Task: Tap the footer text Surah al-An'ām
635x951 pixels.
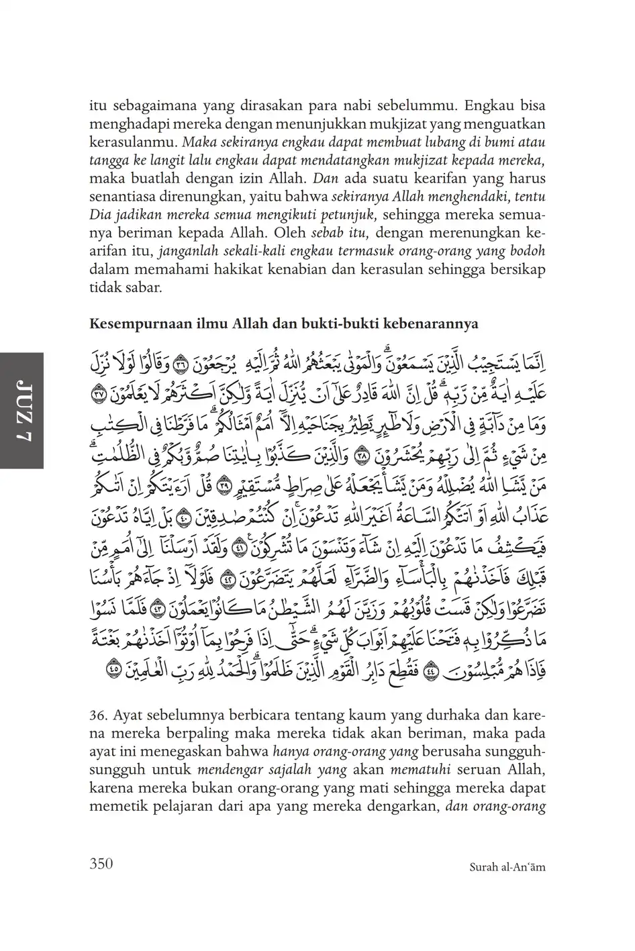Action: pyautogui.click(x=504, y=866)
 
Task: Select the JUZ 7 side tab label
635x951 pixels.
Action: pyautogui.click(x=22, y=410)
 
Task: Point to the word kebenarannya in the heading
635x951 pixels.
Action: pyautogui.click(x=441, y=324)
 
